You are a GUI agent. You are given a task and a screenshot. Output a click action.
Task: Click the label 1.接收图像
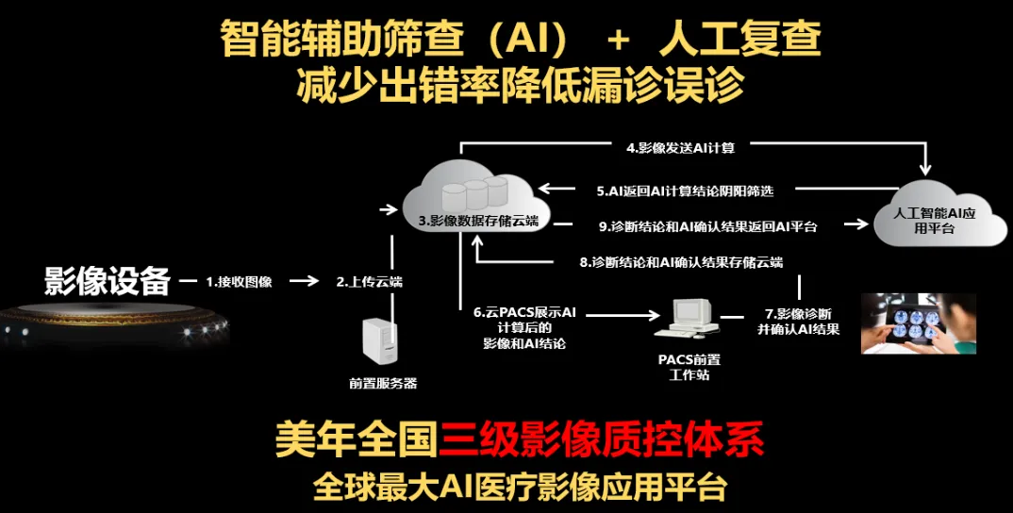pyautogui.click(x=240, y=281)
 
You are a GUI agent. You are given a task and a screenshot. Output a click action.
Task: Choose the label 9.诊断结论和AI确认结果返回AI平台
pyautogui.click(x=708, y=226)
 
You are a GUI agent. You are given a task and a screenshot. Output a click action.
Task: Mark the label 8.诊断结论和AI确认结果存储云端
pyautogui.click(x=680, y=262)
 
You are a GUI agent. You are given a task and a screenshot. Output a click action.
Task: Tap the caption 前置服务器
pyautogui.click(x=382, y=383)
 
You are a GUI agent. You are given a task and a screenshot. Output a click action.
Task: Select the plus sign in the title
pyautogui.click(x=619, y=40)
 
